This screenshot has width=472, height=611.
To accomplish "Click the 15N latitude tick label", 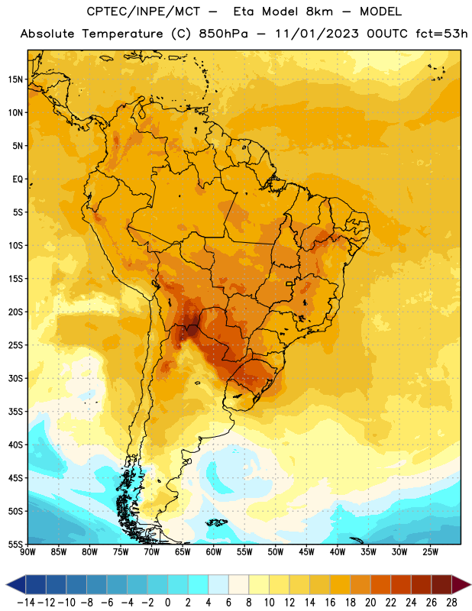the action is point(15,79).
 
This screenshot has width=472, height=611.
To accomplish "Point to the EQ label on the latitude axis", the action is point(18,179).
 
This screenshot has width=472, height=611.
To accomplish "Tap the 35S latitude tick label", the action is point(15,412).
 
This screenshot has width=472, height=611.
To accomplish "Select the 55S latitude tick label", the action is point(15,545).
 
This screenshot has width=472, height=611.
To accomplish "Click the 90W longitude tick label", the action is point(27,552).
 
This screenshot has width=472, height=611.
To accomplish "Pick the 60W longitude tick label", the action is point(214,552).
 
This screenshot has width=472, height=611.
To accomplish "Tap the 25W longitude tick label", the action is point(430,552).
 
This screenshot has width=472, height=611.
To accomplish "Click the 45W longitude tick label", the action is point(306,552).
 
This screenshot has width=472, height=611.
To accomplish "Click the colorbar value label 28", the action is point(451,603).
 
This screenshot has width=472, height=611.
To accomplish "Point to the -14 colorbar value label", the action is point(26,603).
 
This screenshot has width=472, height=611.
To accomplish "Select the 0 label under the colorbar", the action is point(167,603).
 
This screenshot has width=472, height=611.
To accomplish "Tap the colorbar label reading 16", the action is point(330,603).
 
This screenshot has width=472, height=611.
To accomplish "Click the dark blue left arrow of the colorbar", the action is point(16,584).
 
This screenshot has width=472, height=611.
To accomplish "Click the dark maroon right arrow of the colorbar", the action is point(461,584).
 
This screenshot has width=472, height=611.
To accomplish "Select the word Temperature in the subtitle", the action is point(122,34).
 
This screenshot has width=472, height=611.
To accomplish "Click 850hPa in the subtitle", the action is point(223,34).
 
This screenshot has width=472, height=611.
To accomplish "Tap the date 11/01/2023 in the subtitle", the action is point(317,34).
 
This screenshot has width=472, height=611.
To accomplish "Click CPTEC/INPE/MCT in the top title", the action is point(144,11).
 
